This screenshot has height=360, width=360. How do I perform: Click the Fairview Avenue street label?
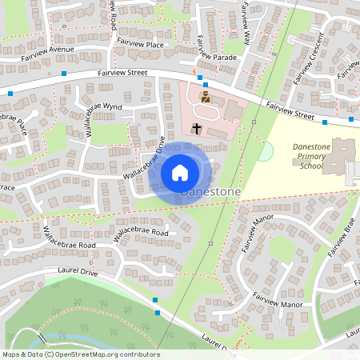point(47,50)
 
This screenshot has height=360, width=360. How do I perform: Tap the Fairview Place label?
point(140,42)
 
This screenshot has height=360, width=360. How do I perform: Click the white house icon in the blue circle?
point(180,172)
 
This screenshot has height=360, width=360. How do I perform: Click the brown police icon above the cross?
point(205,98)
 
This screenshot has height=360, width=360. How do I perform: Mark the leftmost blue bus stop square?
point(10,94)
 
